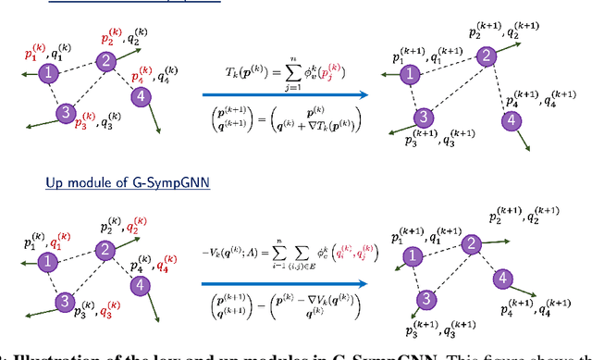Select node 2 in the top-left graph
click(x=106, y=61)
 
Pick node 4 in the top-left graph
click(x=141, y=96)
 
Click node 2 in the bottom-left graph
click(x=106, y=250)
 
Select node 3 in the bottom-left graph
click(x=65, y=303)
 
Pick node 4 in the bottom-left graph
click(x=141, y=285)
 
